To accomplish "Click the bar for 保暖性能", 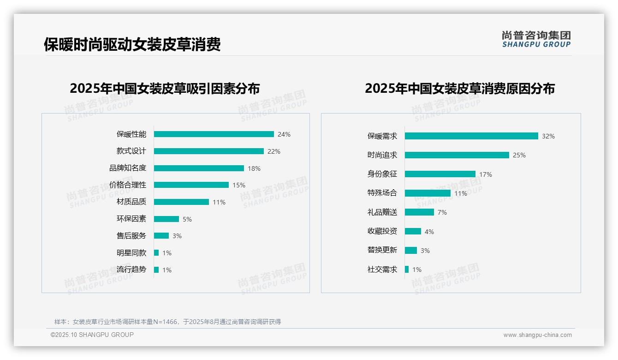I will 214,134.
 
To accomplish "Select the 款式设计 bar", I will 208,151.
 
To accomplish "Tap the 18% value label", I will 254,168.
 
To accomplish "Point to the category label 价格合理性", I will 128,185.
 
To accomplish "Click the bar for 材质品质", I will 181,202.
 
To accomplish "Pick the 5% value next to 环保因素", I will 187,219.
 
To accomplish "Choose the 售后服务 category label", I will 131,236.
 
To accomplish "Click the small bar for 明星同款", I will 156,253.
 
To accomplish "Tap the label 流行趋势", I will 131,270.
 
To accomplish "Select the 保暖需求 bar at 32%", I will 471,136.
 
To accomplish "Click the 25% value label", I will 519,155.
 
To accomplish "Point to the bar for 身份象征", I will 440,174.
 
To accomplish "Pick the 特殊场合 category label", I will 382,193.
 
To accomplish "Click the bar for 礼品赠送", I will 419,212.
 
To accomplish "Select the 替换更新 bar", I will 411,250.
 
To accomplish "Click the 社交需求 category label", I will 382,270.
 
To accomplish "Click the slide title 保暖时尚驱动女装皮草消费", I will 132,44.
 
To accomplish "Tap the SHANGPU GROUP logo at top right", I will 536,39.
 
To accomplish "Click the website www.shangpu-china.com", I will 537,335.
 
